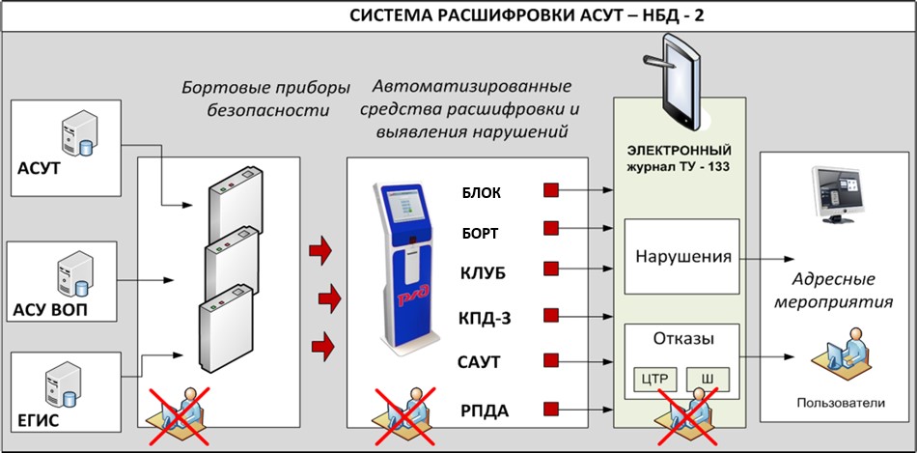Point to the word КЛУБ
[482, 272]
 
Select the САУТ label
[479, 362]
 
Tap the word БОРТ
[481, 232]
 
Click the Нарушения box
[681, 258]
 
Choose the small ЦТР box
[656, 379]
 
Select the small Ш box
[707, 379]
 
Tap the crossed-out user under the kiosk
[390, 412]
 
